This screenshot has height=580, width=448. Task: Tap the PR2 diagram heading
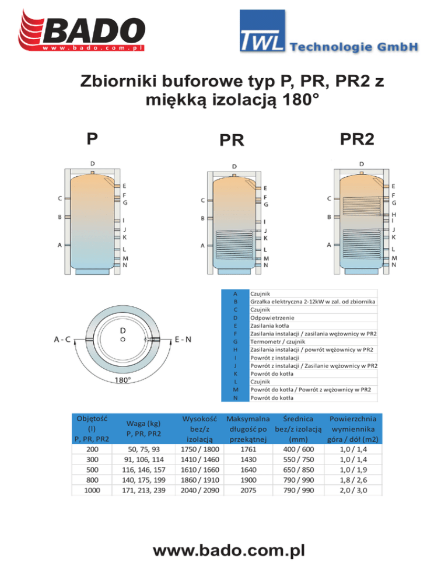(358, 138)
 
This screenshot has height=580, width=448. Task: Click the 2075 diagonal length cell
(249, 491)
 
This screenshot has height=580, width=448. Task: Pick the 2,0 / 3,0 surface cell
(353, 491)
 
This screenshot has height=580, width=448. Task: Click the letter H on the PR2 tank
(394, 215)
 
